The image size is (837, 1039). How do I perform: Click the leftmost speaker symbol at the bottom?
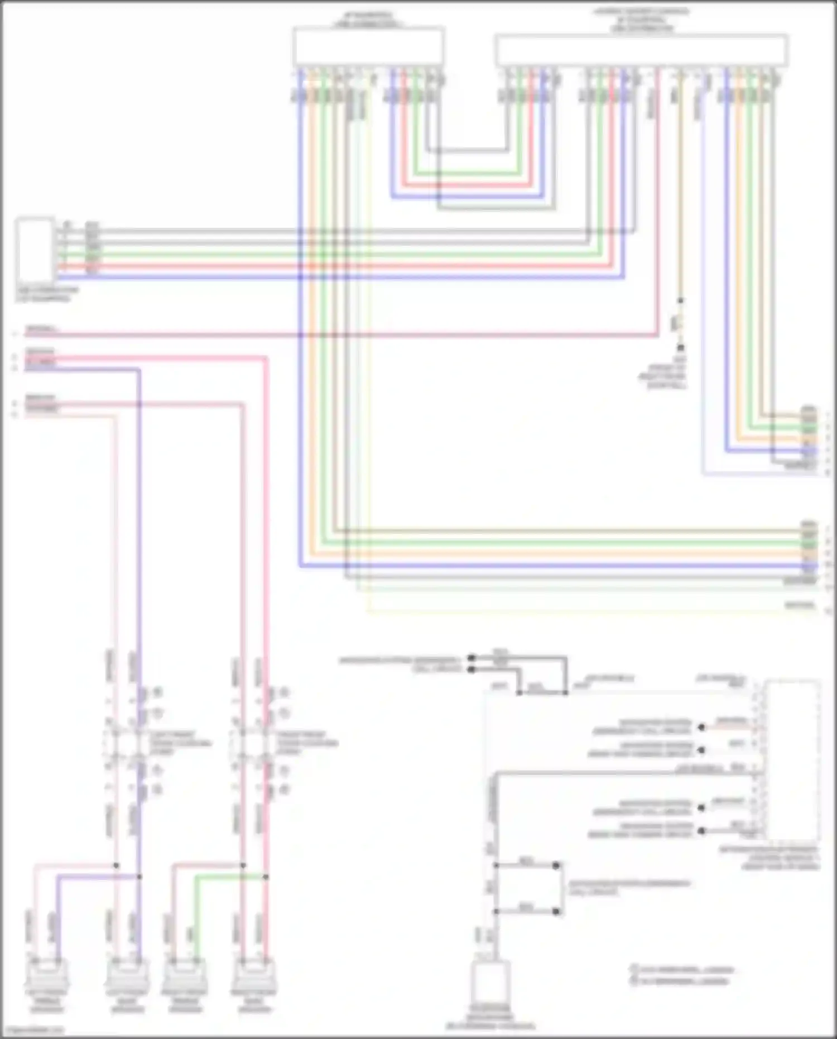47,974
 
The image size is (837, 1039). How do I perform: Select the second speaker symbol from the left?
127,974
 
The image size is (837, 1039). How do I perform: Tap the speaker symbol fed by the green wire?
185,974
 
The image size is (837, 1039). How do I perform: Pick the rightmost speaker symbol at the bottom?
254,974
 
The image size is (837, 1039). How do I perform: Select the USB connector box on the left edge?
35,250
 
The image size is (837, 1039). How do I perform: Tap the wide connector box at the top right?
641,50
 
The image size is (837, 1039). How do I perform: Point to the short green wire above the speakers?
229,877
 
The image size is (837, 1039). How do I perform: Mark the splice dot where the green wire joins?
266,877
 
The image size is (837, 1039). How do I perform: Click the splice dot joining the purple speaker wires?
139,877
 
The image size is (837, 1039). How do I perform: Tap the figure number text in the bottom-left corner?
33,1031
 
